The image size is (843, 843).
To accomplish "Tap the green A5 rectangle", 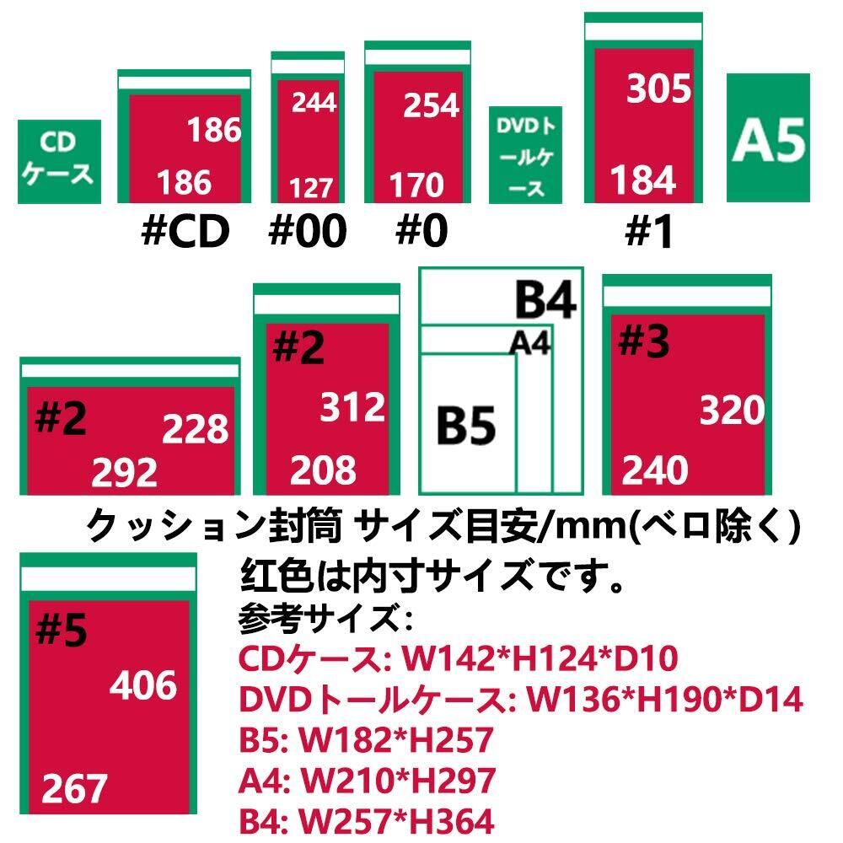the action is tap(768, 137).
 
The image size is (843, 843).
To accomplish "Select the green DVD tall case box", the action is tap(531, 155).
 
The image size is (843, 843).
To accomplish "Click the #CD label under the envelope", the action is tap(185, 232).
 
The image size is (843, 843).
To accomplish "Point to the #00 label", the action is tap(307, 232).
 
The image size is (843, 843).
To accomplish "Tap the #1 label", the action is tap(649, 234).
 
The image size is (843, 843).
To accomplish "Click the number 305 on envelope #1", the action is tap(658, 88).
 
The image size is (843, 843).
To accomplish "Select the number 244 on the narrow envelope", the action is tap(314, 102).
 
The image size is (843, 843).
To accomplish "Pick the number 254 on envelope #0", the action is tap(431, 105).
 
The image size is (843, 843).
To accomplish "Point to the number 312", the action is tap(352, 408).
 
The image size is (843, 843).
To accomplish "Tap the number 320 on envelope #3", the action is tap(732, 411).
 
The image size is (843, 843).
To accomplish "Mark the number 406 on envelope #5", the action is tap(143, 686).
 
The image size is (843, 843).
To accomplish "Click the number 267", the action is tap(75, 789).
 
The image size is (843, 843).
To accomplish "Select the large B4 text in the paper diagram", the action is tap(545, 301).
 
